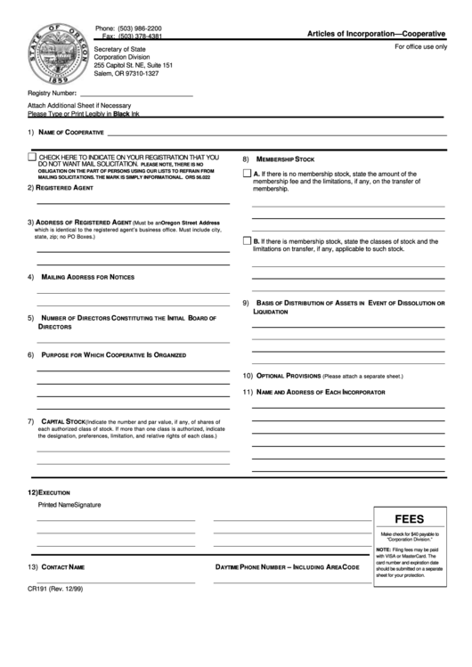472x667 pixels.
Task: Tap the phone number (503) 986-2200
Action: (141, 28)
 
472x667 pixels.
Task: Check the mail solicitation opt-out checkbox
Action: (32, 158)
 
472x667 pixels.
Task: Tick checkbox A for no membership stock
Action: (248, 174)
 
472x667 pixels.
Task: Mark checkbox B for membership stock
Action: (248, 241)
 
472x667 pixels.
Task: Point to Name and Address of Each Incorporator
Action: (321, 392)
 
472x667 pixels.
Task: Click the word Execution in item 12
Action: (53, 492)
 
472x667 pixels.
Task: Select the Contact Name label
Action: (63, 566)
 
